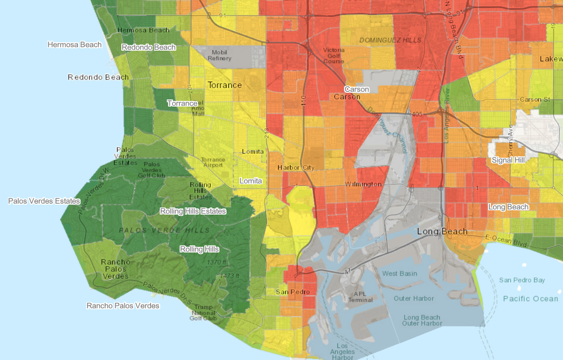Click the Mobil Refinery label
pos(219,55)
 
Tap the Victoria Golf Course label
pos(334,55)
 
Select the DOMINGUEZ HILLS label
pos(390,40)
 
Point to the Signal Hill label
pos(509,160)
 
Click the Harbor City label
pos(296,168)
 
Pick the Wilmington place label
pos(363,184)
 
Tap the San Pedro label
pos(293,292)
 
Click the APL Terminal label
pos(361,297)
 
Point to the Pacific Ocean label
pos(531,298)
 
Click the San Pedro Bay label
pos(522,280)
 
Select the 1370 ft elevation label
pos(217,262)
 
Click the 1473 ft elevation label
pos(230,276)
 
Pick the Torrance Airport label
pos(213,162)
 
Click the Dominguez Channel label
pos(388,129)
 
